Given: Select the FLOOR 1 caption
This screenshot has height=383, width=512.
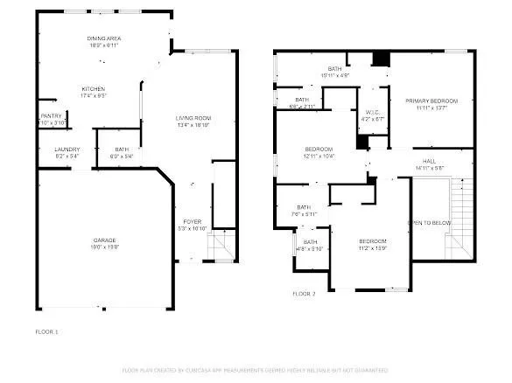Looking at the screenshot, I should click(46, 332).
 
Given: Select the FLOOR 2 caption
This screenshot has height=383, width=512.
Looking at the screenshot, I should click(305, 294).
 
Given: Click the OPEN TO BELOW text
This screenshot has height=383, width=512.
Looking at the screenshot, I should click(431, 223).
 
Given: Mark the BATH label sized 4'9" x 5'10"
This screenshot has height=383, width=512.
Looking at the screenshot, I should click(310, 246).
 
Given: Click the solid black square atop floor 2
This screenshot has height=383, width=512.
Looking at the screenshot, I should click(379, 59).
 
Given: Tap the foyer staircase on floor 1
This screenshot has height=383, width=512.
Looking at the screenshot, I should click(222, 248).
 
